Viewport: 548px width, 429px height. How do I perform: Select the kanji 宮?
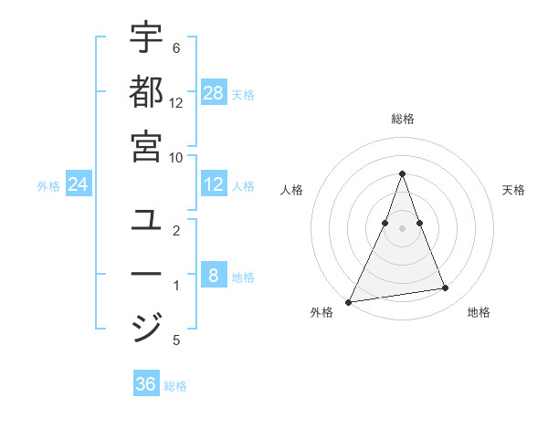[x=147, y=145]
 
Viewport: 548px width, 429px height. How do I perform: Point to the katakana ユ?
[x=147, y=220]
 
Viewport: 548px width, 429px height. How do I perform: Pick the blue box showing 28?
[x=214, y=92]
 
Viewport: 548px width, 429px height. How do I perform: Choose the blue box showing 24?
[x=79, y=185]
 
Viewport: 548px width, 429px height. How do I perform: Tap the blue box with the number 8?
[x=214, y=276]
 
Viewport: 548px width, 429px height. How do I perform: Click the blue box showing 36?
[x=146, y=384]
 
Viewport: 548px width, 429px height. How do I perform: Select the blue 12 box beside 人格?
[x=214, y=185]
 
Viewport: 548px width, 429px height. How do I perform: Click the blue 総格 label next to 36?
[x=175, y=386]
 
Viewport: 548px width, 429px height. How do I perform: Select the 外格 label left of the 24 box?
[x=48, y=186]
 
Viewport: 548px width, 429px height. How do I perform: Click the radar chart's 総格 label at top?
[x=402, y=119]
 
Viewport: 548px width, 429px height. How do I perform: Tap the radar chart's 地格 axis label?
[x=479, y=312]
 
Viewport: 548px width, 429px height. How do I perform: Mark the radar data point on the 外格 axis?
[x=348, y=301]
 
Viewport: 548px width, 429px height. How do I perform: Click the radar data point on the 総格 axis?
[x=402, y=173]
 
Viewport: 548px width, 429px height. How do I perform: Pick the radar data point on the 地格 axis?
[x=446, y=288]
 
